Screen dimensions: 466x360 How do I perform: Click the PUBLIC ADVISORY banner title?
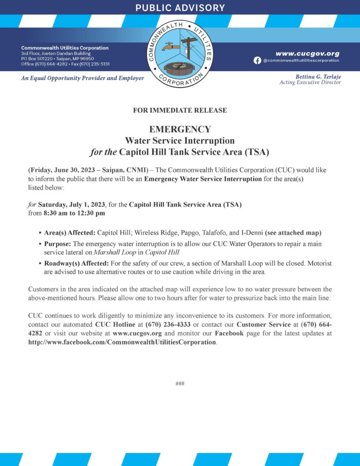[x=180, y=8]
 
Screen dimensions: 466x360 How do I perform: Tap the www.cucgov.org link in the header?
[x=307, y=53]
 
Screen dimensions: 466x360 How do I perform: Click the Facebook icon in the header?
[x=257, y=61]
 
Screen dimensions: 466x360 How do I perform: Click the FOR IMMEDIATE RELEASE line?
[x=180, y=111]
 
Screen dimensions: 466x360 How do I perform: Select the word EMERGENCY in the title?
[x=180, y=129]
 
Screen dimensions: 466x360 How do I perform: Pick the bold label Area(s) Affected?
[x=69, y=233]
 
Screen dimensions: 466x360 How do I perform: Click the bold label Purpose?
[x=57, y=244]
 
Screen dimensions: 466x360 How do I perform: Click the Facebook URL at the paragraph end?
[x=122, y=342]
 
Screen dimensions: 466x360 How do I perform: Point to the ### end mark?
[x=180, y=384]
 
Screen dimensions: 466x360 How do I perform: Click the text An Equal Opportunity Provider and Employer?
[x=82, y=78]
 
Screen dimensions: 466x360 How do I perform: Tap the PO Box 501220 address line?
[x=57, y=59]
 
